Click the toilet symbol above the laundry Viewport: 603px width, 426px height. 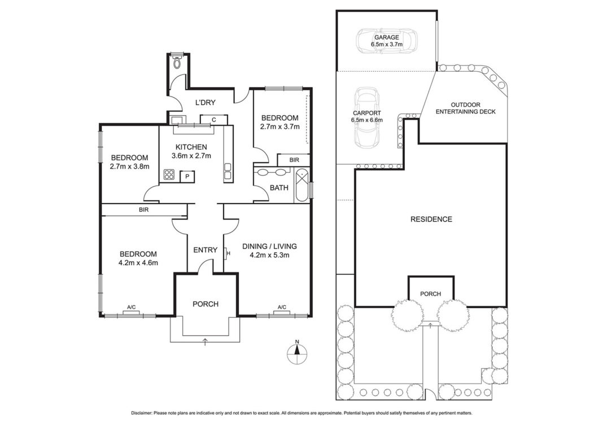(177, 61)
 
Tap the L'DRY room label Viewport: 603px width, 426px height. (206, 103)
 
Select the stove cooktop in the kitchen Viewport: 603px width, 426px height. (169, 174)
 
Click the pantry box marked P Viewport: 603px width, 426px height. (187, 177)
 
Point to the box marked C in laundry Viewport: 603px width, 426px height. (213, 120)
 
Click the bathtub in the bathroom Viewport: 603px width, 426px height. (302, 186)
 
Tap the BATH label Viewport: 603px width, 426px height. (279, 188)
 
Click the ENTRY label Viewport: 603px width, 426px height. (206, 250)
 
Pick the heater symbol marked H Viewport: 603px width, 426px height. (226, 253)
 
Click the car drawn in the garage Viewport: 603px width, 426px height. (386, 41)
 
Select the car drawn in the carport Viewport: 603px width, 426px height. (367, 117)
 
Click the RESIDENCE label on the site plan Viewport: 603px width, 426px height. (431, 219)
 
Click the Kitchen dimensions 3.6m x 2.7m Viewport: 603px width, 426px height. (191, 156)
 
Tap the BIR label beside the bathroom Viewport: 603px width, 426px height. (294, 160)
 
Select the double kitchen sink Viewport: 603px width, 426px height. (228, 171)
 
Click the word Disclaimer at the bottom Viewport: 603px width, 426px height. (141, 414)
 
